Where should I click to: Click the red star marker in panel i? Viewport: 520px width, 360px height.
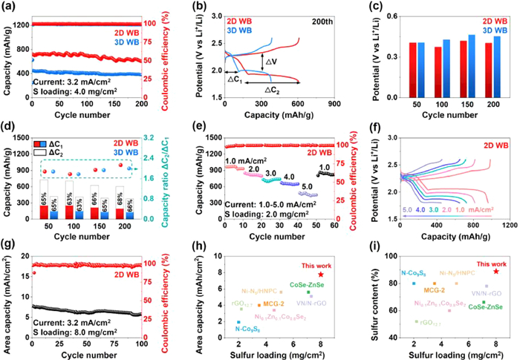point(495,272)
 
